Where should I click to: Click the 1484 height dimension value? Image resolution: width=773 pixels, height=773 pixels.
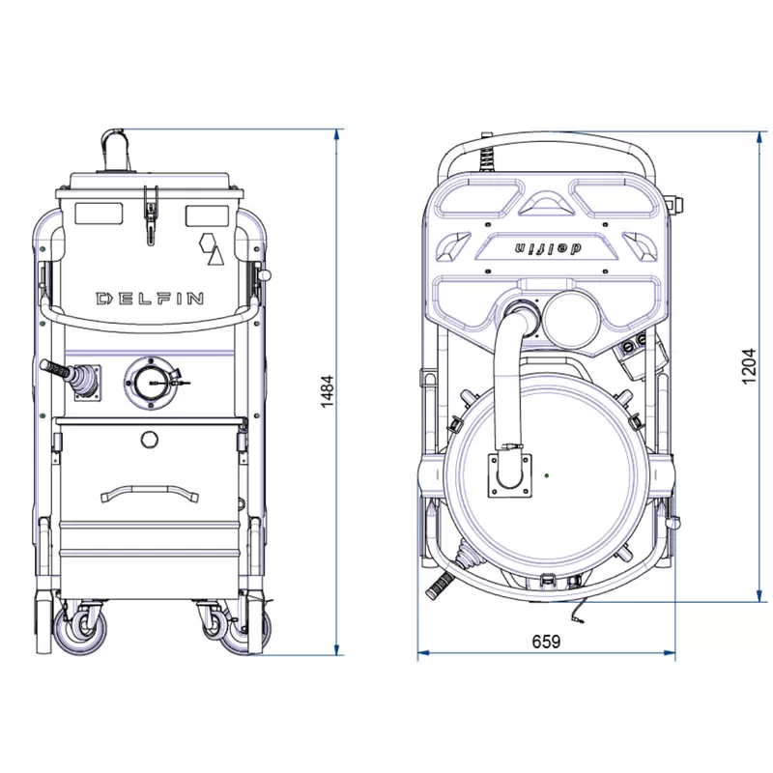click(x=328, y=391)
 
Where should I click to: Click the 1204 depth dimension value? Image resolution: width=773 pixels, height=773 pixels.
click(x=748, y=366)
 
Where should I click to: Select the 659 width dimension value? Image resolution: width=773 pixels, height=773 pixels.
click(x=546, y=642)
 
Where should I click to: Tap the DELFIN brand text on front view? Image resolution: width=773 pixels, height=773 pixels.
click(x=150, y=299)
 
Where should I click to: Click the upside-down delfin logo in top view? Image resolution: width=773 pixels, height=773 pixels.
click(x=548, y=248)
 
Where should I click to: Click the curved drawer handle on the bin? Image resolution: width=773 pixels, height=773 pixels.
click(x=150, y=493)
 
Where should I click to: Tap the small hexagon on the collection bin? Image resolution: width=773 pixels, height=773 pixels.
click(x=150, y=440)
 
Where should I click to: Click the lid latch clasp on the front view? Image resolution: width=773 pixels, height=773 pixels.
click(x=151, y=215)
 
